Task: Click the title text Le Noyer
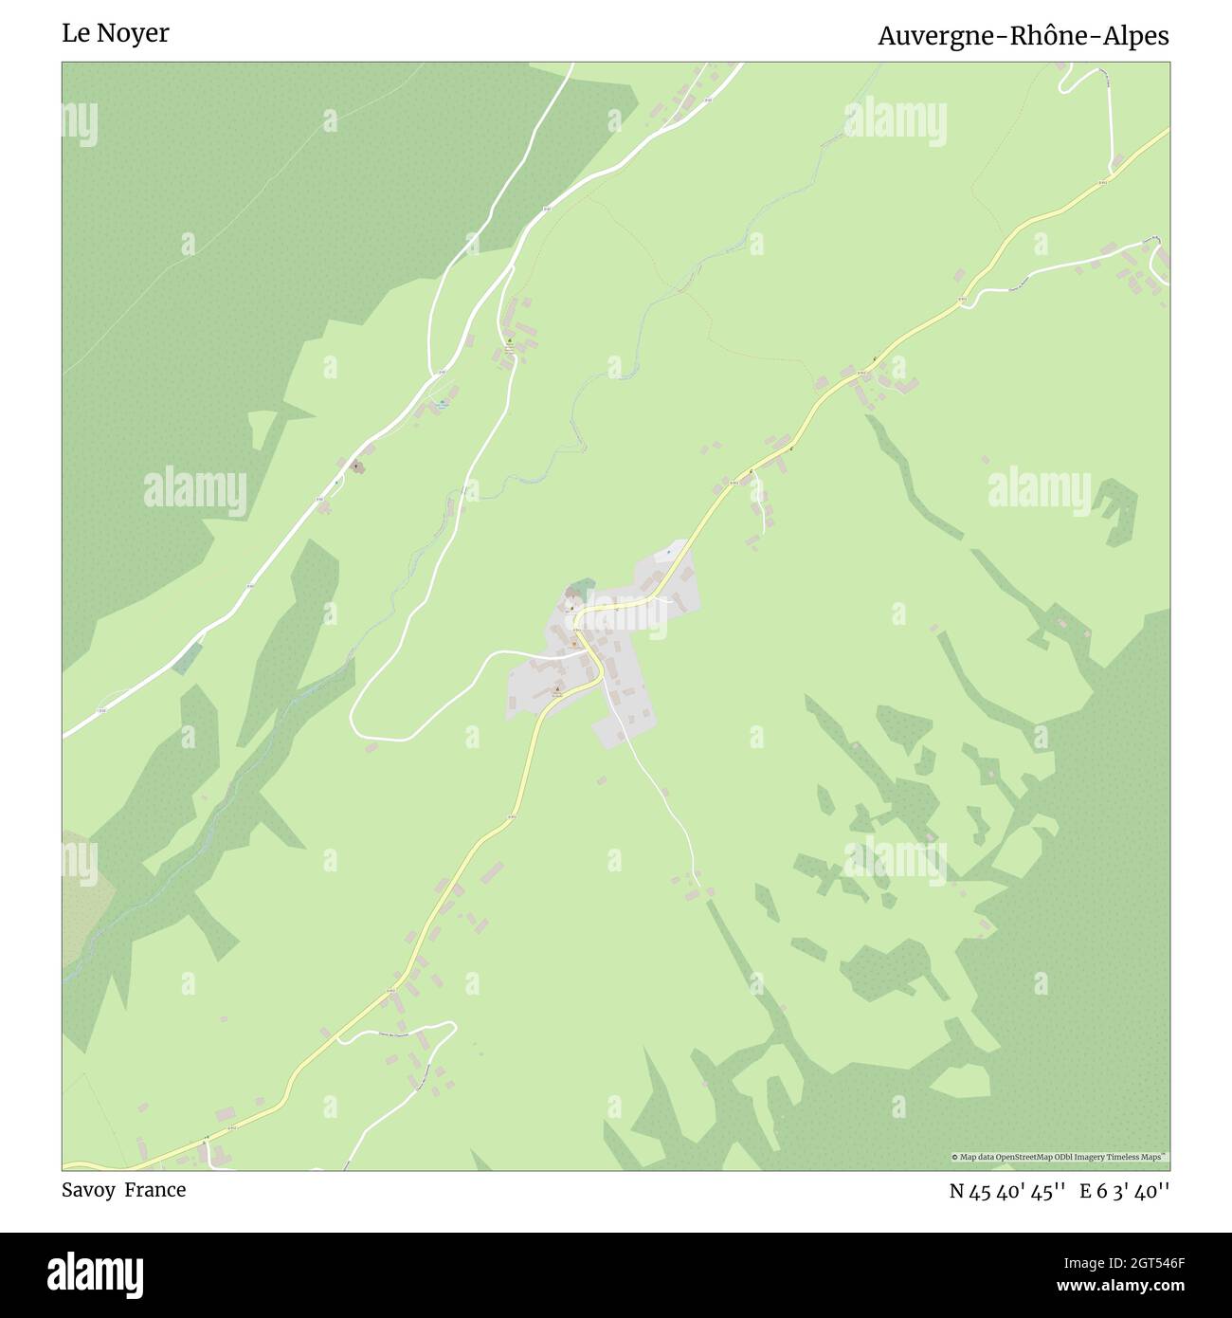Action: [116, 33]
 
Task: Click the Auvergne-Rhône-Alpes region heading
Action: [1023, 36]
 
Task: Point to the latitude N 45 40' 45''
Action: [1008, 1191]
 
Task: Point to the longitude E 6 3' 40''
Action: [1125, 1191]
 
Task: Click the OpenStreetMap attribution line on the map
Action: [1060, 1157]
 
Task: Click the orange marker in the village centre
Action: [573, 644]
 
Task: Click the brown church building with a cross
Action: [356, 466]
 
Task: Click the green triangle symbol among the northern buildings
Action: [509, 341]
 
